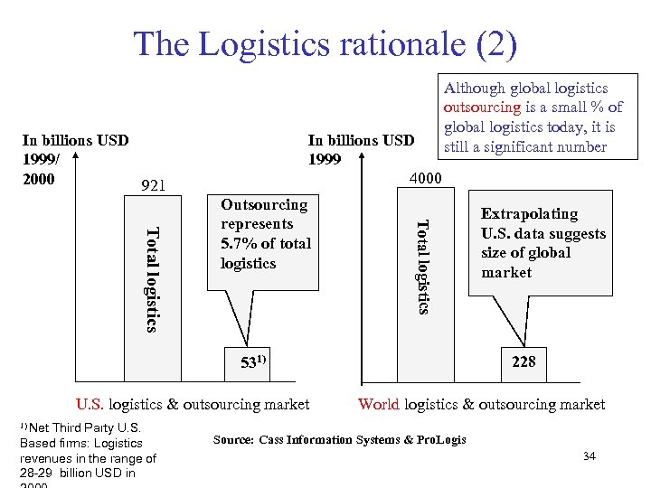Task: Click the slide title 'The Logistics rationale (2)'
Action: [325, 43]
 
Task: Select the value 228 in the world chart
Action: [524, 361]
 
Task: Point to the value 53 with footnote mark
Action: [253, 363]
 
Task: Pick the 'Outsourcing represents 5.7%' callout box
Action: [263, 235]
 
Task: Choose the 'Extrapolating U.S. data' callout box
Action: [542, 242]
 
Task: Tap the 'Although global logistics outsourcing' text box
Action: [533, 117]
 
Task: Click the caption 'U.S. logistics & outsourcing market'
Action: [192, 404]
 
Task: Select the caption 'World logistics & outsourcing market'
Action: [482, 404]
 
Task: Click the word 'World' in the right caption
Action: [379, 404]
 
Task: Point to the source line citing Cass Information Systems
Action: [339, 440]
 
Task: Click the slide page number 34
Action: [590, 457]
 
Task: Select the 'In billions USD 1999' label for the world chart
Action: [361, 149]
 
